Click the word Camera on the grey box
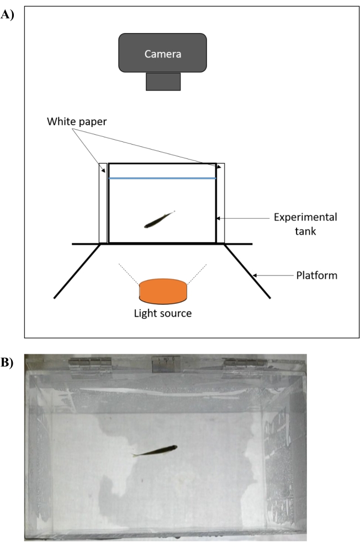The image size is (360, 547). (163, 54)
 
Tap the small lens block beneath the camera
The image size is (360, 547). (163, 81)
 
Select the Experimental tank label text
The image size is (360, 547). (305, 224)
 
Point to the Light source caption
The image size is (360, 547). (163, 314)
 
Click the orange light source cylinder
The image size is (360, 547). (163, 290)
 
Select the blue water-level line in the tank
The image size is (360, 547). (162, 178)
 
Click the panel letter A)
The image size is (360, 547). (7, 15)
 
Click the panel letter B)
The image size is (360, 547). (7, 363)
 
